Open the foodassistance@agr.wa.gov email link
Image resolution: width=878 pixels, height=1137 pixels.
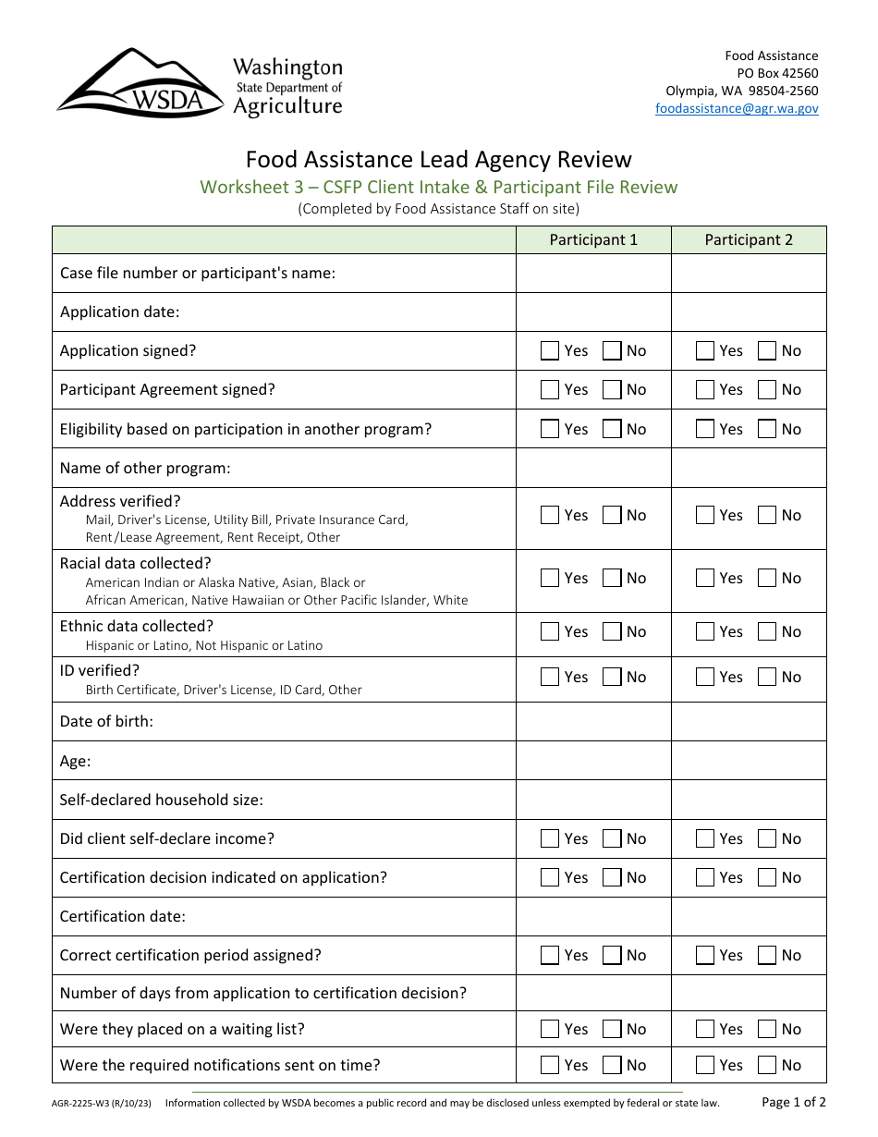(737, 108)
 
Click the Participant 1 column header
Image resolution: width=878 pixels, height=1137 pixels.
(593, 239)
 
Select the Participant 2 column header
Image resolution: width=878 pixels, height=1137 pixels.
(749, 239)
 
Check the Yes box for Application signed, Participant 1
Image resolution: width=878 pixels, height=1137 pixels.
(550, 351)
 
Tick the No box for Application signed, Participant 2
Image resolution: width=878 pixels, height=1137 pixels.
(767, 351)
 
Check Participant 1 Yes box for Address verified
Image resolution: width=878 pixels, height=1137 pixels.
(550, 516)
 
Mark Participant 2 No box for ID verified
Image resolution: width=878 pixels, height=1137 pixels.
(767, 678)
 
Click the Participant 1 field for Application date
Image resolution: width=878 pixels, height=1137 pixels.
(593, 312)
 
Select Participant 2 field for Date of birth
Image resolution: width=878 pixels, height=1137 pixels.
(749, 721)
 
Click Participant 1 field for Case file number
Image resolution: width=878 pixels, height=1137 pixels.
(593, 274)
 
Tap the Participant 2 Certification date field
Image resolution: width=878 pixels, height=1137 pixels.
(749, 917)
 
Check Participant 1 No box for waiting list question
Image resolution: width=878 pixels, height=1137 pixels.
(612, 1030)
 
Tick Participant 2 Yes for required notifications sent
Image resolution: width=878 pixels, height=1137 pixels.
(705, 1066)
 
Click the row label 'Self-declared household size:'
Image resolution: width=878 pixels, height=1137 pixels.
(162, 801)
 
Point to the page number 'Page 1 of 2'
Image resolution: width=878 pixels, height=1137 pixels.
(794, 1102)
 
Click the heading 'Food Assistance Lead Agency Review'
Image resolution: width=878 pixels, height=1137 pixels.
(439, 160)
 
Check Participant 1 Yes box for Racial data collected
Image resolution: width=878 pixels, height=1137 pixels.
(550, 579)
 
